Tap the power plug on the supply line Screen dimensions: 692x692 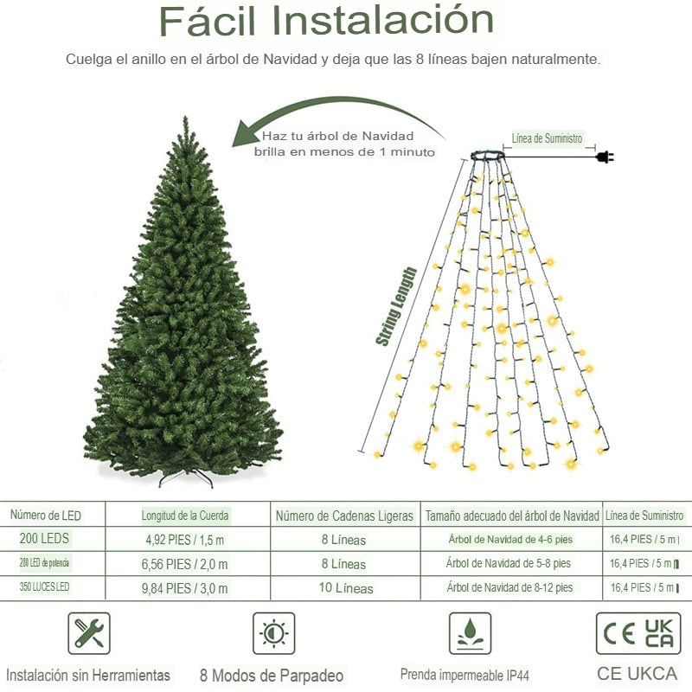(604, 157)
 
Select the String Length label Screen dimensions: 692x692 (396, 306)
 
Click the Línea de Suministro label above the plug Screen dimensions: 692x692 (547, 138)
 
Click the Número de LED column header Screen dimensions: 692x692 (46, 516)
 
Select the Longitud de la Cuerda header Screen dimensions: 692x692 (186, 516)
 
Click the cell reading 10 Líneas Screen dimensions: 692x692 (344, 588)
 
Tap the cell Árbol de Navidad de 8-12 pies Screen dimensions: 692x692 (509, 588)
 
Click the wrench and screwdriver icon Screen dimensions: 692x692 (88, 634)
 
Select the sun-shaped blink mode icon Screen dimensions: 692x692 (273, 634)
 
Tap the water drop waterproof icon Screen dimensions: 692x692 (470, 634)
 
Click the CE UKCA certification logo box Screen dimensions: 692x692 (638, 634)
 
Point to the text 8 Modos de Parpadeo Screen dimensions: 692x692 (272, 676)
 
